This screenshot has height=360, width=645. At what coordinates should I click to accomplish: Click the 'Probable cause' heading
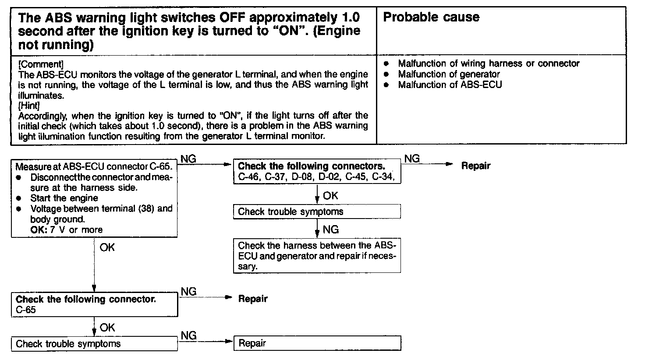click(x=431, y=18)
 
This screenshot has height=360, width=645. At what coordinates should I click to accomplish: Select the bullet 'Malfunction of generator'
click(x=449, y=74)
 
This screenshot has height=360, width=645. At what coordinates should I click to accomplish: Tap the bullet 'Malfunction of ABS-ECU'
click(x=450, y=85)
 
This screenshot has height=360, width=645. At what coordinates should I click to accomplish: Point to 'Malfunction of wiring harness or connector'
click(x=489, y=64)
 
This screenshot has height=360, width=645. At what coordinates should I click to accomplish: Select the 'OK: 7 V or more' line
click(x=66, y=230)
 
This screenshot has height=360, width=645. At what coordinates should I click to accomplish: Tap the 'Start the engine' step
click(x=64, y=198)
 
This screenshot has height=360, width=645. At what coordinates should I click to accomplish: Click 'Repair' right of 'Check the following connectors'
click(x=476, y=166)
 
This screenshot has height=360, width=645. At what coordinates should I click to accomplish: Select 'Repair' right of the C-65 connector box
click(x=253, y=299)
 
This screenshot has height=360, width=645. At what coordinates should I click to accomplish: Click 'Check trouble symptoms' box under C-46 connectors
click(x=317, y=212)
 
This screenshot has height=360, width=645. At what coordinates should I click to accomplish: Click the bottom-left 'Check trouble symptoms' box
click(x=94, y=344)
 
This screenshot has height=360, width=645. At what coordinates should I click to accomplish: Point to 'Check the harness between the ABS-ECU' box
click(x=317, y=256)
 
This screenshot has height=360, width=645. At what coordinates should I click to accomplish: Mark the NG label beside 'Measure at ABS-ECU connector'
click(x=188, y=159)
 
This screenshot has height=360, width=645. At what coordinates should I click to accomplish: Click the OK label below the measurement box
click(x=107, y=247)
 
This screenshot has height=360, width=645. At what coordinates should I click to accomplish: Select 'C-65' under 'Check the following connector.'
click(x=26, y=310)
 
